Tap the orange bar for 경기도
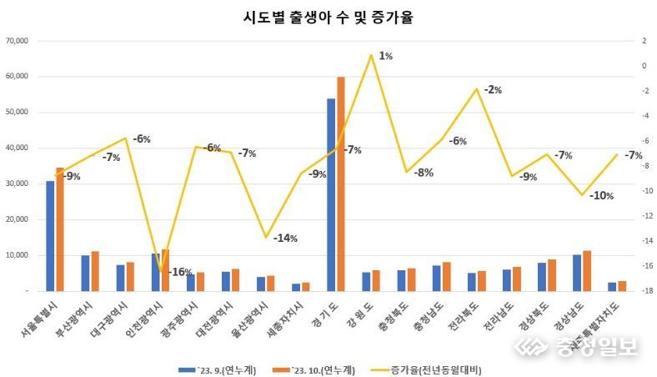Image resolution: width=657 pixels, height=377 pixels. (x=341, y=183)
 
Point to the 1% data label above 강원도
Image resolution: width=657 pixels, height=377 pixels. (x=385, y=56)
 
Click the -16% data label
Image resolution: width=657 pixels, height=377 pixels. (x=180, y=272)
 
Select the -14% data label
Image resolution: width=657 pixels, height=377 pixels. (x=284, y=238)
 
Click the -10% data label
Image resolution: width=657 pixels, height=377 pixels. (x=600, y=196)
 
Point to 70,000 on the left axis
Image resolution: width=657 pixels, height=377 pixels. (x=18, y=41)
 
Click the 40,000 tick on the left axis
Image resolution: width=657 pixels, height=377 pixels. (x=18, y=148)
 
